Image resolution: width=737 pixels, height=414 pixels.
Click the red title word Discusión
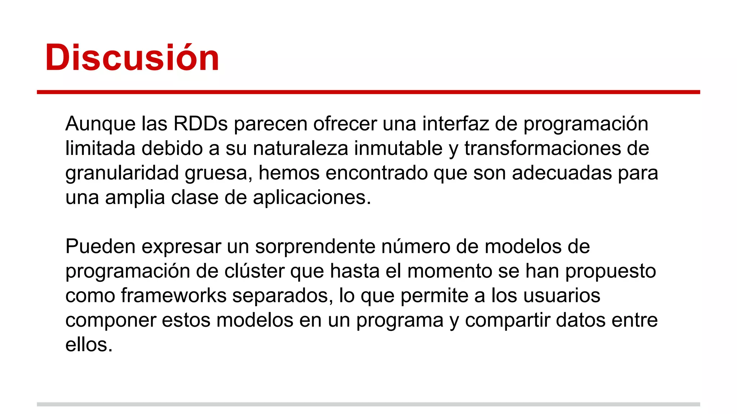coord(132,57)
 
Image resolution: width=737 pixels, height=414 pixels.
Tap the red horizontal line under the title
coord(368,92)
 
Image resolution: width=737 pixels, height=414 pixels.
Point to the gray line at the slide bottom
coord(368,404)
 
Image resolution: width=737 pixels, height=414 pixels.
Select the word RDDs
coord(200,124)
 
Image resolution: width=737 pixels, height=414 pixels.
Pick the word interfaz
coord(456,124)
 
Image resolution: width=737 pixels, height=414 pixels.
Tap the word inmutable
coord(398,148)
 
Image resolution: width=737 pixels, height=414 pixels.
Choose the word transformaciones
coord(542,148)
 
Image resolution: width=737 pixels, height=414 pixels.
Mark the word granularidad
coord(122,173)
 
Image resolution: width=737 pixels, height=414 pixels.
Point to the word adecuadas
coord(562,173)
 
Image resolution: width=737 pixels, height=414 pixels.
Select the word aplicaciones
coord(312,197)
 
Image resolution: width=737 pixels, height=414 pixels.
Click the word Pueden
coord(100,247)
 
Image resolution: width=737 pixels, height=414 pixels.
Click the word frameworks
coord(173,295)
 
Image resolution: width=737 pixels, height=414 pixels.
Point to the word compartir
coord(507,320)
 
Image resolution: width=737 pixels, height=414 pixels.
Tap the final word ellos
coord(89,345)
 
